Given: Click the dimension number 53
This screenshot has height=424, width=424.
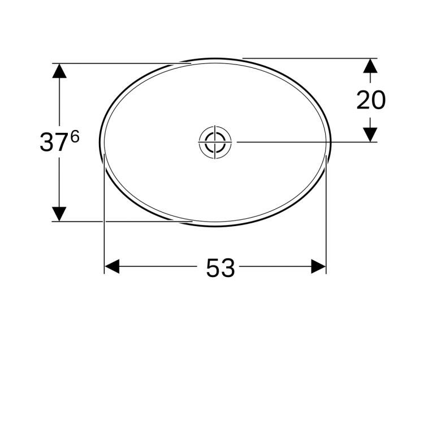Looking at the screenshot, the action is [220, 268].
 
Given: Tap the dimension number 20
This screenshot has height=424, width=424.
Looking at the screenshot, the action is [371, 99].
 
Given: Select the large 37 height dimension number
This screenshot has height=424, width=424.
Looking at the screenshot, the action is [54, 142].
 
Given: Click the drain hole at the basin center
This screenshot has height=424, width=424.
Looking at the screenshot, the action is [215, 142].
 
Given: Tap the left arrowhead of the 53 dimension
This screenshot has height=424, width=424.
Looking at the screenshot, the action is [112, 266].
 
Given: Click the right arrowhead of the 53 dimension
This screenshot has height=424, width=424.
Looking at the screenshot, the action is [318, 266].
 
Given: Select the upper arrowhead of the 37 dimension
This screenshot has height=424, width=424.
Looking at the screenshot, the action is [59, 71].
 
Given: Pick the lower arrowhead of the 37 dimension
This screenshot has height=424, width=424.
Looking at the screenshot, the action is [59, 214].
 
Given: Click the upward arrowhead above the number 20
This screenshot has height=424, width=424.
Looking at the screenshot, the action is [370, 66].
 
